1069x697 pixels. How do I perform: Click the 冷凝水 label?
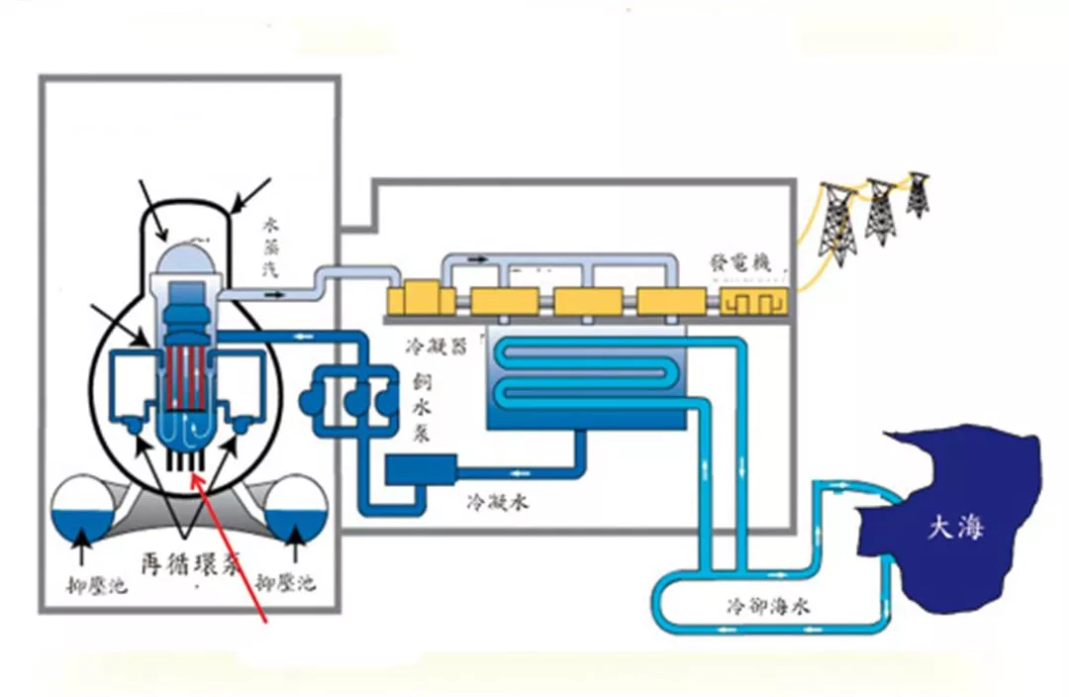[497, 502]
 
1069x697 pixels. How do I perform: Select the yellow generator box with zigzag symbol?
[749, 300]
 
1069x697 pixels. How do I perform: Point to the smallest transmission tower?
[919, 196]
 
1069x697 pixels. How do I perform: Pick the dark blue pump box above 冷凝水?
[421, 468]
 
